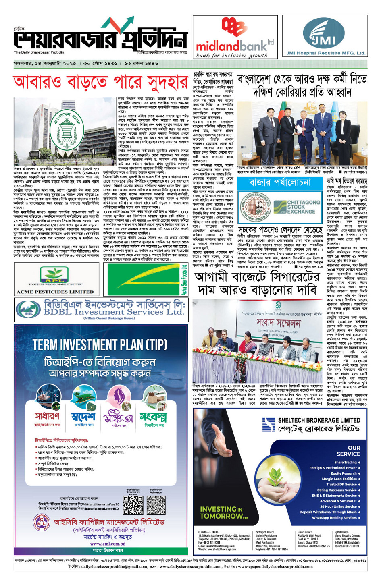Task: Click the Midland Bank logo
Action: click(235, 37)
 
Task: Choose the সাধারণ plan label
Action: click(47, 416)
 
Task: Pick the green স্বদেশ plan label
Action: click(83, 416)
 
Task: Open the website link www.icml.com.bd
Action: click(108, 543)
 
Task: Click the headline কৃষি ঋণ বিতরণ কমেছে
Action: click(347, 181)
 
